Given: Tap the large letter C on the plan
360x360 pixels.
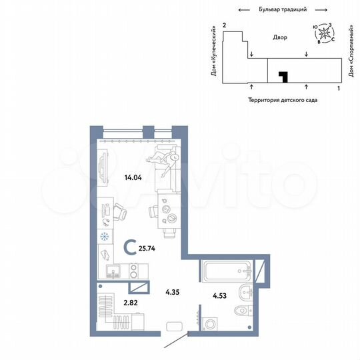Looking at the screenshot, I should coord(129,249).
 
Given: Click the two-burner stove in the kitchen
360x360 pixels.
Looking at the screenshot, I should coord(133,271).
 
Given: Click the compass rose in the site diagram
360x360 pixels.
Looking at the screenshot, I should coord(325,33).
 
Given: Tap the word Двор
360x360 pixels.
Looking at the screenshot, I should coord(279,38).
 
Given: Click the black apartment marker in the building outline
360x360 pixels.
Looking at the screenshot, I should coord(283,77).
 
